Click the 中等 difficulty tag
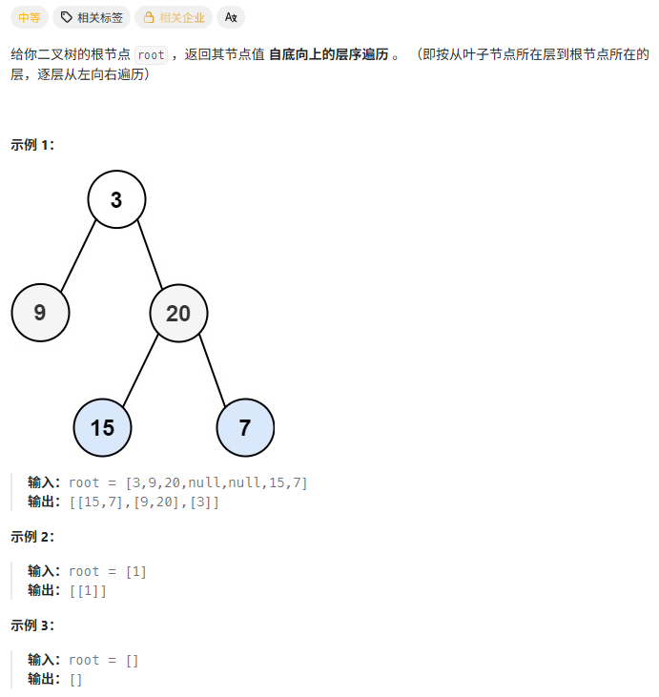point(29,17)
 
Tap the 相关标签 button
point(92,17)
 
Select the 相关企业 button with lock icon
point(174,17)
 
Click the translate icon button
point(231,17)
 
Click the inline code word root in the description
point(151,55)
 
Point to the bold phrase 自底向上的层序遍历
point(328,55)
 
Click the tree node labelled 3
point(116,199)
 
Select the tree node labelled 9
point(40,313)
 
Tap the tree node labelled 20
point(178,313)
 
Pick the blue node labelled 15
point(102,427)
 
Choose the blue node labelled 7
point(245,427)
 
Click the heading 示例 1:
point(32,145)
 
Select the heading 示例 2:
point(32,537)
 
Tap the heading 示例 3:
point(32,625)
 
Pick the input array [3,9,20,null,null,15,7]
point(216,482)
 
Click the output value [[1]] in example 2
point(88,590)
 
